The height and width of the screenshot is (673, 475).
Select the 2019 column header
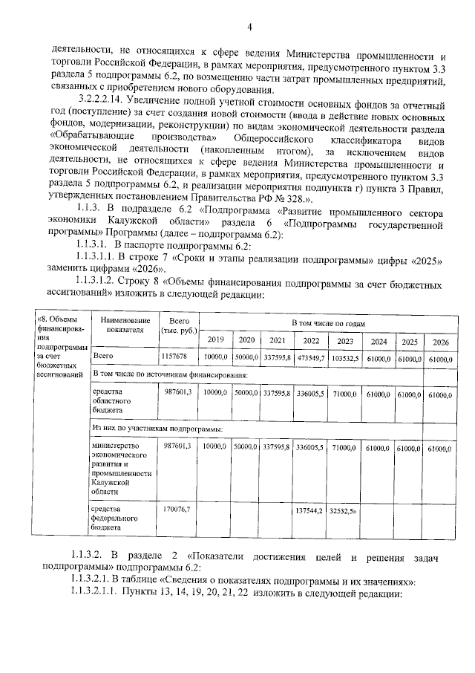click(x=215, y=340)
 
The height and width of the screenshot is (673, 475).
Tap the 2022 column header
click(x=309, y=340)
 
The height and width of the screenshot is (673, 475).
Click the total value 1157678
click(x=176, y=357)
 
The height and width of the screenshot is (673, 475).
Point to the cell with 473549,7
click(x=309, y=357)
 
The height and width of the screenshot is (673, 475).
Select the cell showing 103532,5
click(x=345, y=357)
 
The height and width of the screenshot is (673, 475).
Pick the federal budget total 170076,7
click(x=177, y=509)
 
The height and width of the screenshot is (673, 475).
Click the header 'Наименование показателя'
click(x=123, y=325)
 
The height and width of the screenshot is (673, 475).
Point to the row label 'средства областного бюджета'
click(x=111, y=401)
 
